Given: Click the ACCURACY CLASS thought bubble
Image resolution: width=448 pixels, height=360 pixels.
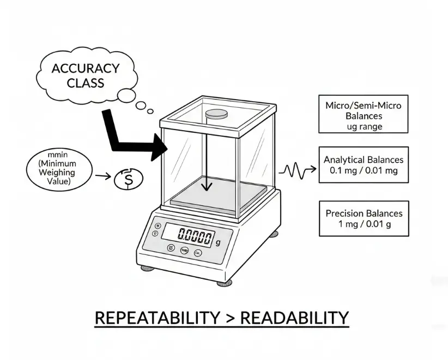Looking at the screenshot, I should (x=86, y=76).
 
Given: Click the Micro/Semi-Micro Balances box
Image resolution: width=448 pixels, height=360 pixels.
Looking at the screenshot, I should (x=363, y=114).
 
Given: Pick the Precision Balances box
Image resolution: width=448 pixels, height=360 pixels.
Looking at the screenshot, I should (x=364, y=218).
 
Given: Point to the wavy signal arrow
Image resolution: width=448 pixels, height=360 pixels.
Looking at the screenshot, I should (x=297, y=171).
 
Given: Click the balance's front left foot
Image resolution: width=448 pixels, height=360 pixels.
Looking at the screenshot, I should (x=147, y=269).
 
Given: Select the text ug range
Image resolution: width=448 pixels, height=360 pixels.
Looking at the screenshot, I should (x=364, y=126).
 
